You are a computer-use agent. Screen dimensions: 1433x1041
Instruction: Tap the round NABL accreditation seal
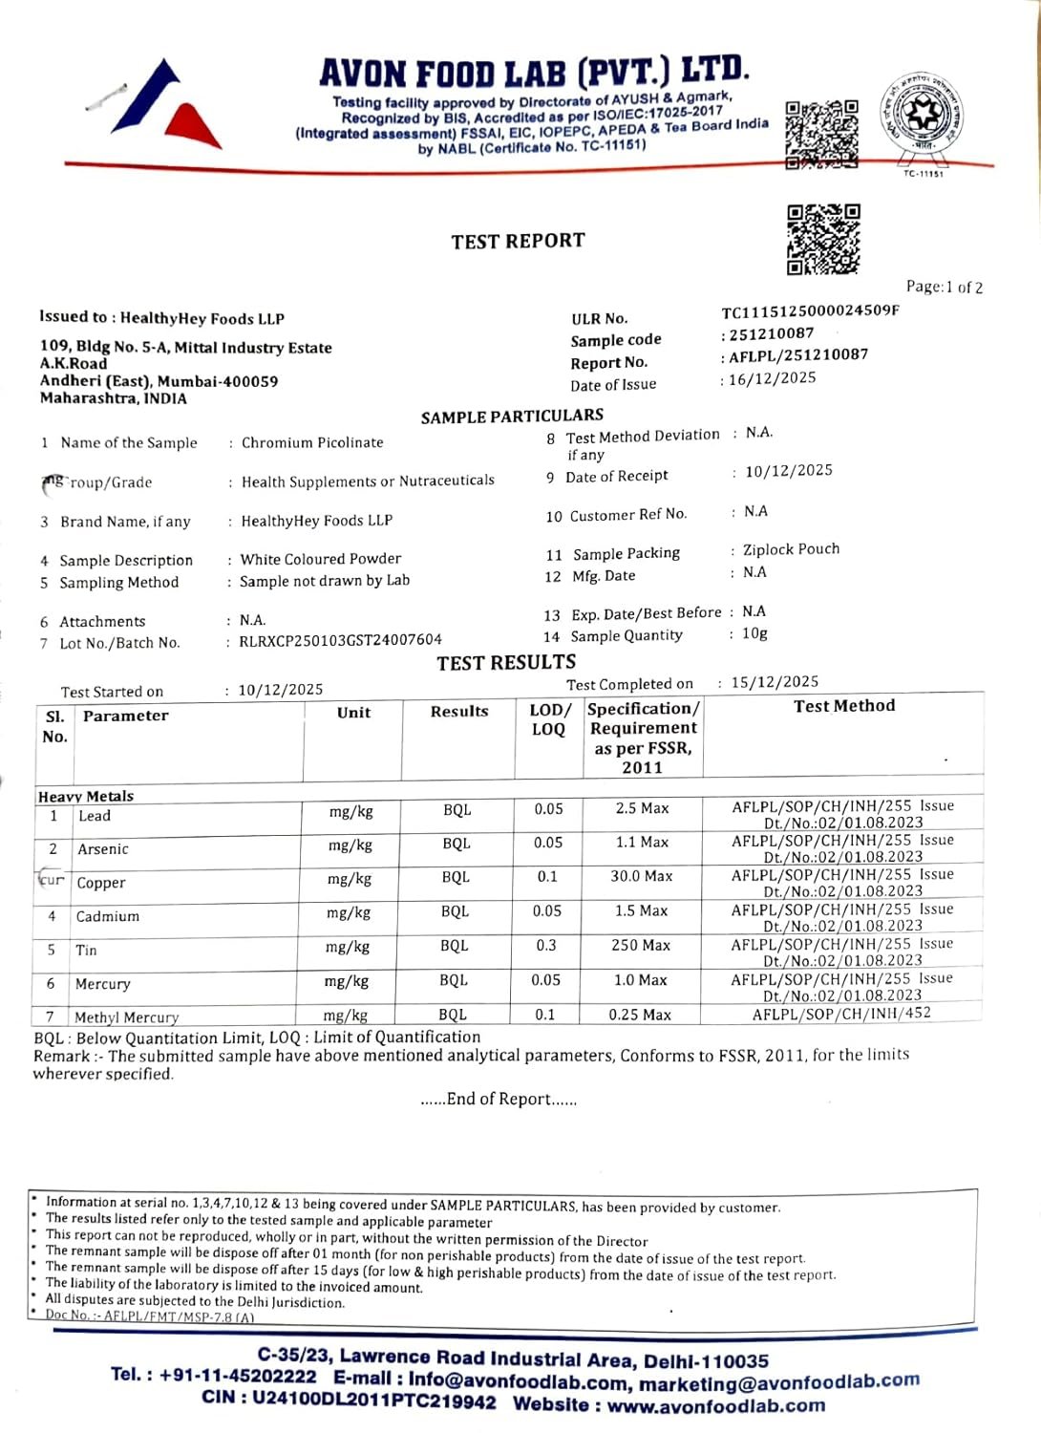point(923,116)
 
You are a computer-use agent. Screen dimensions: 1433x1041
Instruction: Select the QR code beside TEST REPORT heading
point(823,240)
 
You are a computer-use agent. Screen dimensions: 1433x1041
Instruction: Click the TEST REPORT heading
point(518,241)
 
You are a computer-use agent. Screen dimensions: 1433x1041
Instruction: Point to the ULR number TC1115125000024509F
point(810,311)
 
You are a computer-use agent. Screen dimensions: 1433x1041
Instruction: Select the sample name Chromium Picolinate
point(312,442)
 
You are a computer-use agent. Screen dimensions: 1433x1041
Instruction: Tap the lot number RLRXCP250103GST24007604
point(340,640)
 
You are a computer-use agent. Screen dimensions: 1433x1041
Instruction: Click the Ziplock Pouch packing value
point(791,549)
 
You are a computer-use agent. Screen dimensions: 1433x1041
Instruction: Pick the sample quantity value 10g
point(754,633)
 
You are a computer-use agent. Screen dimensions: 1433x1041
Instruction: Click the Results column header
point(459,712)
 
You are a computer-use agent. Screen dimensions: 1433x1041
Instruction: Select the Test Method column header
point(844,706)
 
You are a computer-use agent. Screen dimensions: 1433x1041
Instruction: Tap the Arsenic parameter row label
point(103,849)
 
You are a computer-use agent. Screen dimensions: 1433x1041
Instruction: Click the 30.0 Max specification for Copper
point(642,876)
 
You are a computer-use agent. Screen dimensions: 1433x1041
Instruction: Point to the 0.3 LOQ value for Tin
point(546,945)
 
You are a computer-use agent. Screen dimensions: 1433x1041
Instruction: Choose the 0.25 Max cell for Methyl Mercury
point(640,1015)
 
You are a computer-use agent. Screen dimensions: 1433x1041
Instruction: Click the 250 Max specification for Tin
point(641,945)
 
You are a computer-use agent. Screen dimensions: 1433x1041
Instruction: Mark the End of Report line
point(499,1100)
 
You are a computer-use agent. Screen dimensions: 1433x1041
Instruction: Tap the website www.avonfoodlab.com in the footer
point(716,1405)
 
